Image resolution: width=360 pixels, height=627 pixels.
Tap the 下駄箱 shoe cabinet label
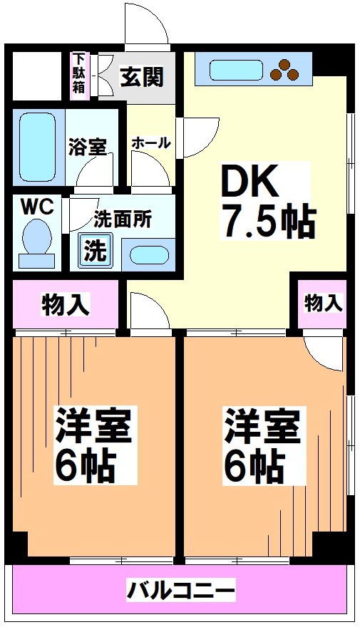[x=78, y=74]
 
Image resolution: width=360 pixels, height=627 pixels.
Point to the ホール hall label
[x=150, y=142]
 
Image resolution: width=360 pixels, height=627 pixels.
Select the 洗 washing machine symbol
[x=93, y=251]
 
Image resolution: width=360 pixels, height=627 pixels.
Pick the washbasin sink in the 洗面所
[x=147, y=255]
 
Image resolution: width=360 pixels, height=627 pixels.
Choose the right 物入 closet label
[x=322, y=303]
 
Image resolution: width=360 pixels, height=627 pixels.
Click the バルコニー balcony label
[x=181, y=590]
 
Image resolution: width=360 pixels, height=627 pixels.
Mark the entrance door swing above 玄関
[x=148, y=26]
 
